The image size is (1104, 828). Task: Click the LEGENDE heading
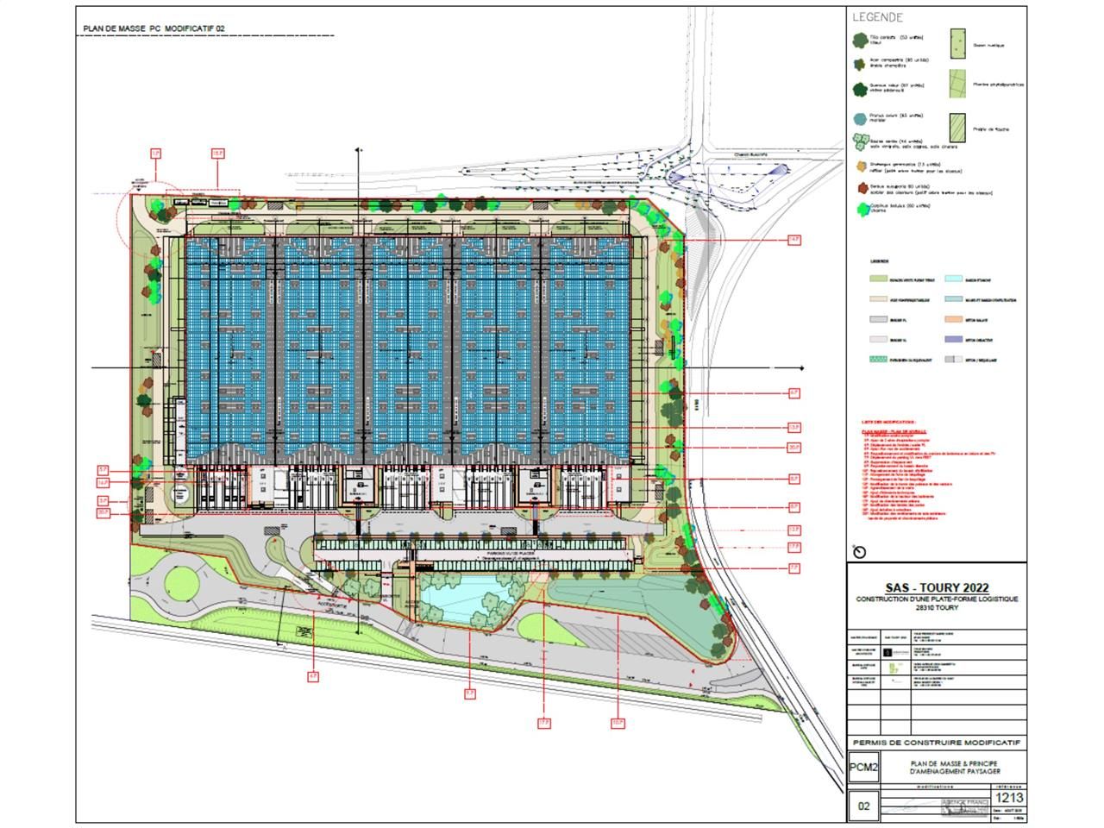877,17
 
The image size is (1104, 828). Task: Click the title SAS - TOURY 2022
937,588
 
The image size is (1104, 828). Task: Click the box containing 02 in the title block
863,807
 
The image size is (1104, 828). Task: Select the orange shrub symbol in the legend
860,165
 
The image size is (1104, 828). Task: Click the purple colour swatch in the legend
957,339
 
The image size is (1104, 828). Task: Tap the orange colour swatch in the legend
957,319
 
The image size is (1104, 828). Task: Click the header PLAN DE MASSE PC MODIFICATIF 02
154,28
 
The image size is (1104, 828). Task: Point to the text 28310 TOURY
937,607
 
